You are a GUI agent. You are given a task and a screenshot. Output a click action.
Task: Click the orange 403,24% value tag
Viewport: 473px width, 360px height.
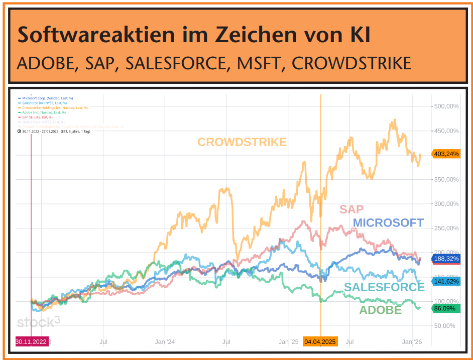coord(446,154)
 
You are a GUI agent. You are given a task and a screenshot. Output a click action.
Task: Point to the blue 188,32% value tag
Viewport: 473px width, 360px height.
coord(446,259)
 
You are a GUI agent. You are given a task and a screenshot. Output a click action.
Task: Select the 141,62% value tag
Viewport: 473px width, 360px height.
coord(446,282)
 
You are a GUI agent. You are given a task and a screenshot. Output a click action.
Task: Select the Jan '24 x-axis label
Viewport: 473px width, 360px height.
coord(165,342)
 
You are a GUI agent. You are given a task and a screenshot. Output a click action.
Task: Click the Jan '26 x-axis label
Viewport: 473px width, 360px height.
coord(412,342)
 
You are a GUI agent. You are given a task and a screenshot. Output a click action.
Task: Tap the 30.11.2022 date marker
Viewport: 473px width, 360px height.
coord(32,342)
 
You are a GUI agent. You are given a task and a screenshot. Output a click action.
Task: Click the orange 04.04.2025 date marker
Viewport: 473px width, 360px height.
coord(320,342)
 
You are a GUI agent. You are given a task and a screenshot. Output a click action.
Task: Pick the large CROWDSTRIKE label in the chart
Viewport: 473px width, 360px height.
coord(242,142)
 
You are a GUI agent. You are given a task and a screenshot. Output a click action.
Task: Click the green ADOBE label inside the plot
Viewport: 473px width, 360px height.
coord(380,310)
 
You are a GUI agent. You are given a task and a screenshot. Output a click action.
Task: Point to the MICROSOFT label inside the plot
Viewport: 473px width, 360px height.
coord(388,223)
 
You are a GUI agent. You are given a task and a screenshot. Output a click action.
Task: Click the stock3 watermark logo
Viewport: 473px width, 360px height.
coord(39,322)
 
